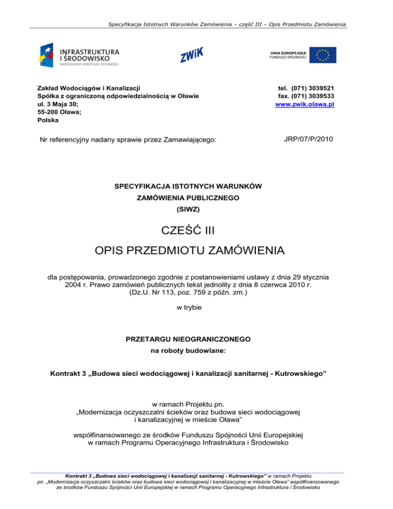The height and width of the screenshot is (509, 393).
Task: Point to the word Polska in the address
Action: [48, 121]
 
